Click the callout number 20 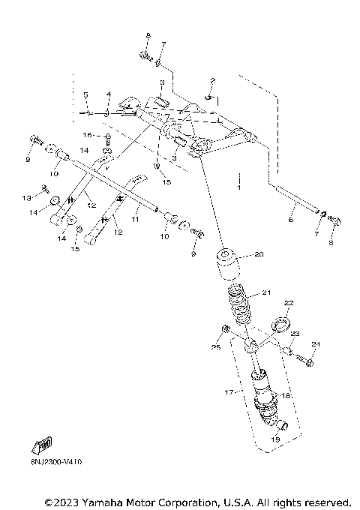click(259, 254)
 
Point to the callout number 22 click(287, 302)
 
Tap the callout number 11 click(136, 223)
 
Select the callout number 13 click(26, 198)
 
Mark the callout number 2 click(212, 80)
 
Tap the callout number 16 click(88, 135)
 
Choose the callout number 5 click(85, 95)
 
